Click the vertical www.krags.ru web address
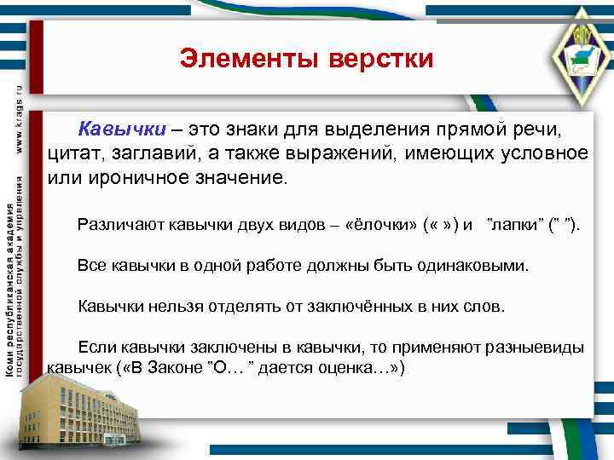(20, 119)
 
